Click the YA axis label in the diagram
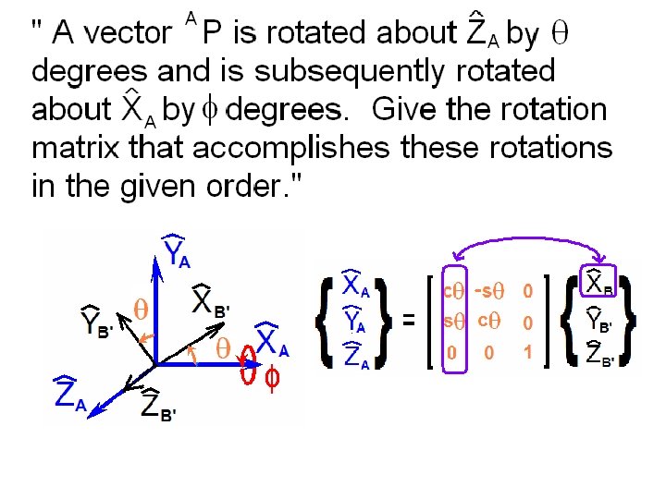coord(178,252)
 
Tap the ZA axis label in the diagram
coord(69,396)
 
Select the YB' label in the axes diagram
coord(96,319)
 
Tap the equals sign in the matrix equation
coord(408,321)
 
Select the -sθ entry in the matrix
coord(487,291)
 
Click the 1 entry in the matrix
coord(528,352)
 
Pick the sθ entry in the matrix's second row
coord(453,322)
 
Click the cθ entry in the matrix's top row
coord(453,291)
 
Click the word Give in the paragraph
coord(404,110)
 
